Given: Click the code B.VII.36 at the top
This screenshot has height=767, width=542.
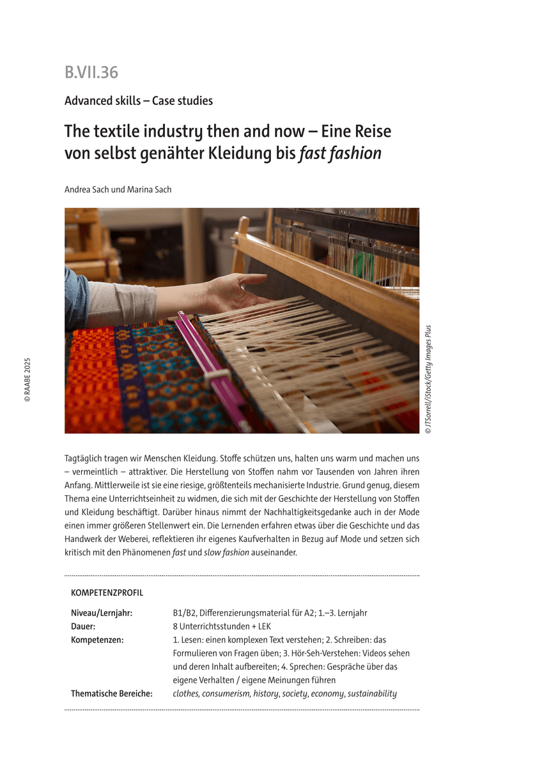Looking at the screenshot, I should pos(91,73).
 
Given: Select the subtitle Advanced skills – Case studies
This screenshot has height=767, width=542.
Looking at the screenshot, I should pos(139,101).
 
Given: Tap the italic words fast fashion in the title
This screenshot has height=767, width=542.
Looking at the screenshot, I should pos(340,153).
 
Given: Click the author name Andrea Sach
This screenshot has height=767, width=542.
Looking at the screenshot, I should pos(88,189).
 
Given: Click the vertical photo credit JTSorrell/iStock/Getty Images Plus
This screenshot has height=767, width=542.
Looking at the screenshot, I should pos(428,380).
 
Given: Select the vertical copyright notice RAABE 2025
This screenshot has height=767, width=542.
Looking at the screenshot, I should pos(27,380).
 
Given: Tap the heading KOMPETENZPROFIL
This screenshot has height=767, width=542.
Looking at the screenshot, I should pos(107,593).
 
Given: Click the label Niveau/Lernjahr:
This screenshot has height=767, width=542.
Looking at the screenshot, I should pos(102,613).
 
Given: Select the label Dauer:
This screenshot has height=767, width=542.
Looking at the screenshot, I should pos(83,626).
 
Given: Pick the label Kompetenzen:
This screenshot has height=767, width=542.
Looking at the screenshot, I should pos(97,640).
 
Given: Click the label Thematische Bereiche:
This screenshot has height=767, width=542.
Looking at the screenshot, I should pos(112,693).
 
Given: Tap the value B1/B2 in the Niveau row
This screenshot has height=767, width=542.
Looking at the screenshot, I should pos(185,613).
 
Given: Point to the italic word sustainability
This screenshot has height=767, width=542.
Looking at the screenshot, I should pos(372,693).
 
